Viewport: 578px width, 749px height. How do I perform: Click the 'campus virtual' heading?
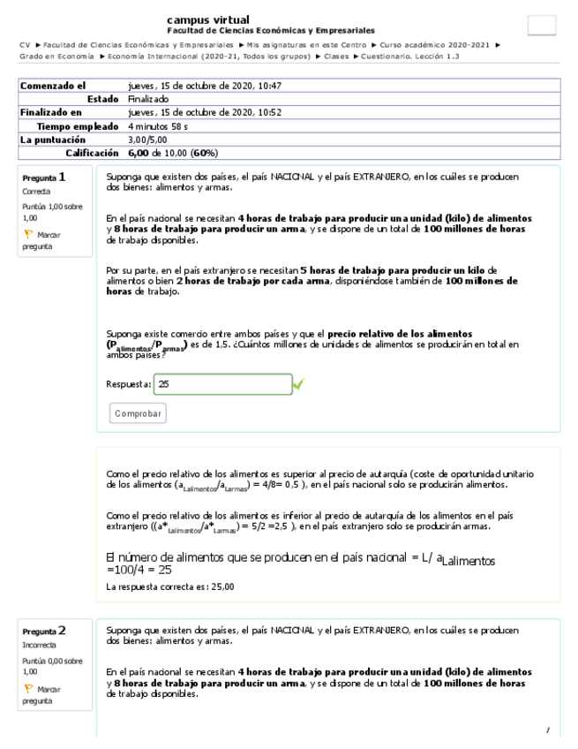pos(207,19)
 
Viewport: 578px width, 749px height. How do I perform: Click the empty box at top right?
pos(541,26)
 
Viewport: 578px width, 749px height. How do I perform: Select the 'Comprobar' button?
pos(139,413)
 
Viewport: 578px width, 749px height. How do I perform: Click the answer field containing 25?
pos(222,385)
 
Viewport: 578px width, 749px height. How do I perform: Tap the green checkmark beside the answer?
pos(299,384)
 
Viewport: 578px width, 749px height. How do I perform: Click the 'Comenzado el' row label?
pos(53,87)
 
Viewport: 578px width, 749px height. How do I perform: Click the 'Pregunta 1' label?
pos(44,178)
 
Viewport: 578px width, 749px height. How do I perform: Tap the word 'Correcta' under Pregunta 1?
pos(37,192)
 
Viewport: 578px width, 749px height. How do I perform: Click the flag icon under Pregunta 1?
pos(28,235)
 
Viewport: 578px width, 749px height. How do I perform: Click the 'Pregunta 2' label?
pos(44,632)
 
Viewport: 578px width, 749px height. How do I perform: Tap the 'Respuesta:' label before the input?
pos(128,385)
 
